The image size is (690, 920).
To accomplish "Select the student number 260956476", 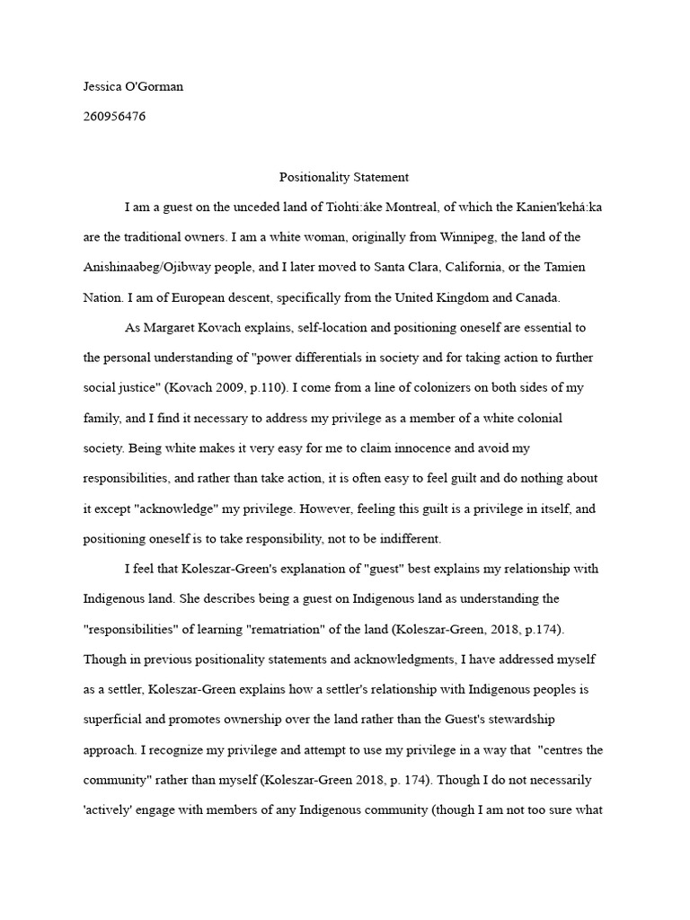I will (x=115, y=117).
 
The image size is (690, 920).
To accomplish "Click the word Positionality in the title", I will (x=314, y=177).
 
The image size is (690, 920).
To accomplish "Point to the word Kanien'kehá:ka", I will (x=557, y=207).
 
